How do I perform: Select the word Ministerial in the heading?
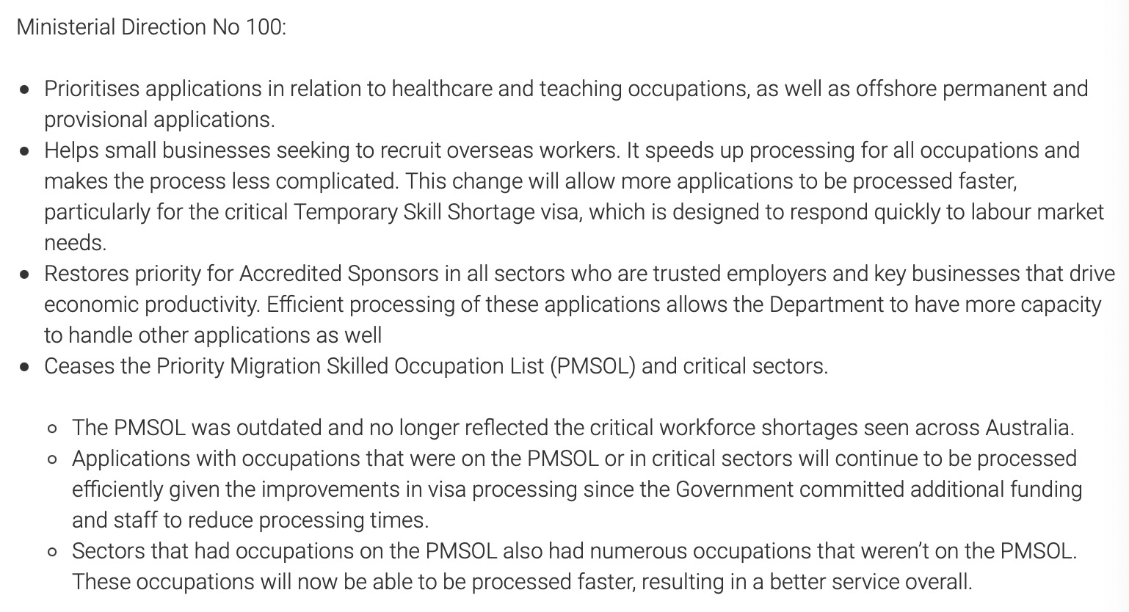65,27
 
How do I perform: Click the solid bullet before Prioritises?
26,90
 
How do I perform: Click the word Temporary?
346,212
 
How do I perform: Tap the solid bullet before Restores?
26,275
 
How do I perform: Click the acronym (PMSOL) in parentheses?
592,366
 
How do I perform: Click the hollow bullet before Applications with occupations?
52,460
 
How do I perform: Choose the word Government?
734,489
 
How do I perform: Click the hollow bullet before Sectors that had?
52,553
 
